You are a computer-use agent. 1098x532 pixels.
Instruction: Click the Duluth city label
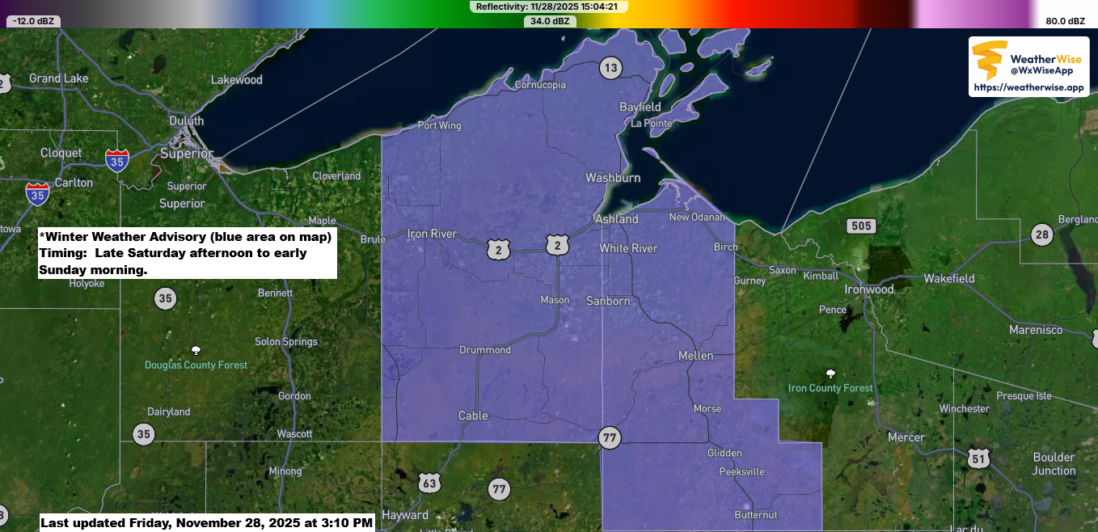tap(186, 120)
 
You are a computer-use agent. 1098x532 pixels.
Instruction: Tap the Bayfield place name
tap(640, 107)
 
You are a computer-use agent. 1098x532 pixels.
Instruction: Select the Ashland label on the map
tap(617, 219)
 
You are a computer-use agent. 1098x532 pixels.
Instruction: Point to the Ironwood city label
tap(869, 289)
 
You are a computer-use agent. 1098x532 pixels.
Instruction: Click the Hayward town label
tap(405, 515)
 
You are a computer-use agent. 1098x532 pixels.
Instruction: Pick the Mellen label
tap(695, 356)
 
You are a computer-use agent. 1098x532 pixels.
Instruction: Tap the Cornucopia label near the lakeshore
tap(540, 85)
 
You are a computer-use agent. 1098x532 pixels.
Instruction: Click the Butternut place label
tap(756, 515)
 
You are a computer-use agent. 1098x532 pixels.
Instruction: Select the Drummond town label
tap(485, 350)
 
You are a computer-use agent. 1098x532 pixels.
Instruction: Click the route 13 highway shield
tap(610, 68)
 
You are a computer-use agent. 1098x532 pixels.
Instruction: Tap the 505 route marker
tap(861, 226)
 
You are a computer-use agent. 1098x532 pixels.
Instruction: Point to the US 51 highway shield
tap(978, 458)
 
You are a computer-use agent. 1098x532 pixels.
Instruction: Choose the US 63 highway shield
tap(429, 483)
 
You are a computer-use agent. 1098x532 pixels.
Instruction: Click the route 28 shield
tap(1041, 235)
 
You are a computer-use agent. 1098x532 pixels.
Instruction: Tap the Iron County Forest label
tap(830, 388)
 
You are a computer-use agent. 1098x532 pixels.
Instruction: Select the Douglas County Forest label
tap(196, 365)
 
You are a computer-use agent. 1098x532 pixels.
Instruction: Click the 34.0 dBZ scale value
tap(550, 21)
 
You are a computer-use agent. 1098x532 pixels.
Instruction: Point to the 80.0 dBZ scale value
tap(1065, 21)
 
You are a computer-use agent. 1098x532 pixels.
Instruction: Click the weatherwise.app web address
tap(1028, 87)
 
